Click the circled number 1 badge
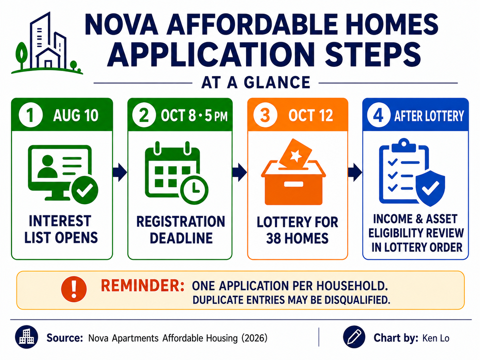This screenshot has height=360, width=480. (x=31, y=115)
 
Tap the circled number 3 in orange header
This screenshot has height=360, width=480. (x=265, y=115)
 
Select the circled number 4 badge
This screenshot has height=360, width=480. (x=379, y=115)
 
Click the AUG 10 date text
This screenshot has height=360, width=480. (x=76, y=115)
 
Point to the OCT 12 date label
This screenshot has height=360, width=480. (x=311, y=115)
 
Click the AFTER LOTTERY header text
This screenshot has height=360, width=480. (x=429, y=116)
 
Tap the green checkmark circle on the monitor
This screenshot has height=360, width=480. (x=85, y=190)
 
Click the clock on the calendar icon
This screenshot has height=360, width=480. (x=194, y=190)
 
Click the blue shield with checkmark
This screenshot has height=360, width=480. (x=430, y=188)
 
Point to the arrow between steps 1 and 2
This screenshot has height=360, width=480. (x=120, y=172)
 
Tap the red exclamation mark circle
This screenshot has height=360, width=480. (x=74, y=289)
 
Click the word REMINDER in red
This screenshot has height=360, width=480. (x=142, y=286)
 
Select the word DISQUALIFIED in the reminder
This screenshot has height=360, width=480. (x=357, y=300)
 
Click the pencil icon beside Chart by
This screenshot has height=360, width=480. (x=354, y=337)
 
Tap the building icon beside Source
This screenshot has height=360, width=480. (x=27, y=337)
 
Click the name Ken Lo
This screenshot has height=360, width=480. (x=436, y=338)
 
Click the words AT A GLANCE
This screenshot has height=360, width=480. (x=256, y=83)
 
